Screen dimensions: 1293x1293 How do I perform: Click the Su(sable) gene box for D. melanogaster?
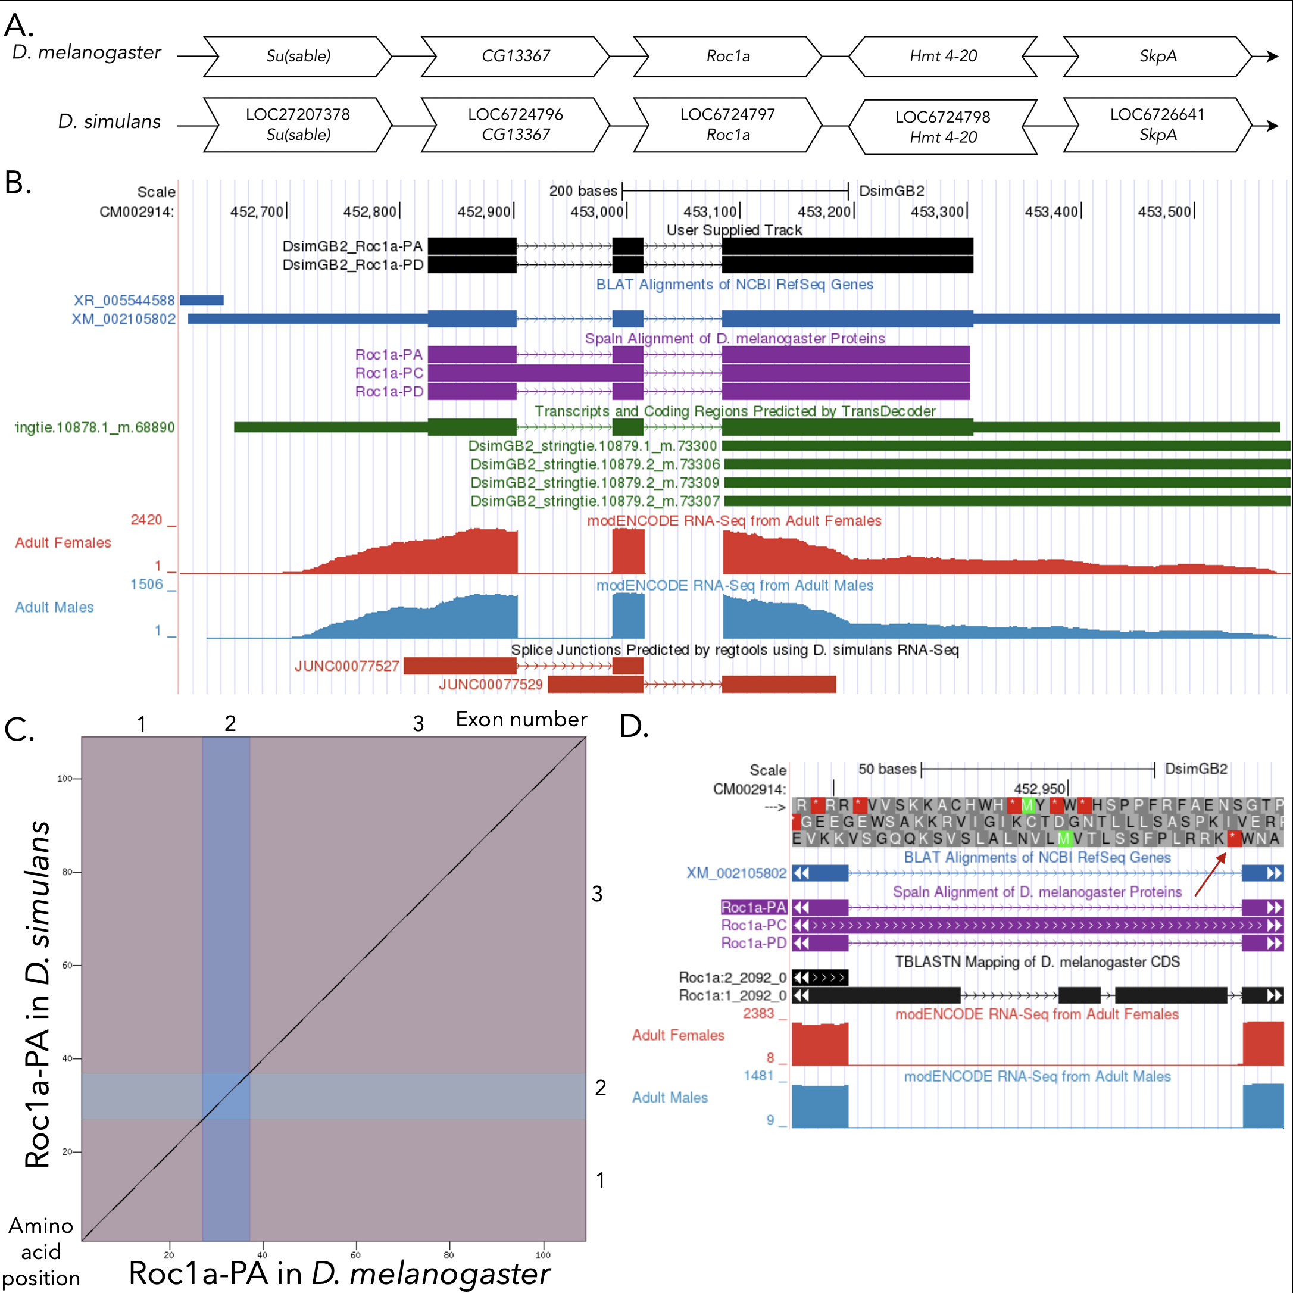(x=298, y=56)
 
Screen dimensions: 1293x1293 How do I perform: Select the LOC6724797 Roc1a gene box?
(x=727, y=124)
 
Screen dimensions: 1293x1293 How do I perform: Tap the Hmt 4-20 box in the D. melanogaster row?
(x=943, y=56)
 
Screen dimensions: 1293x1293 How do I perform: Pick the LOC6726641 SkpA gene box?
(x=1157, y=124)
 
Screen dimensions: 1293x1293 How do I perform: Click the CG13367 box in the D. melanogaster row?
(x=516, y=56)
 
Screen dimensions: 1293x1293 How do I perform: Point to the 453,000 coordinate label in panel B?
(x=598, y=212)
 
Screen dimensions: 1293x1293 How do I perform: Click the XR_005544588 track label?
(x=124, y=301)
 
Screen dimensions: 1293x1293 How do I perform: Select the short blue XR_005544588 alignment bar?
(x=201, y=301)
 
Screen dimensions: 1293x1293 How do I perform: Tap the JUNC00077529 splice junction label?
(x=491, y=685)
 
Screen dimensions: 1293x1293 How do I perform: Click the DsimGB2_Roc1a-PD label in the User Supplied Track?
(x=352, y=265)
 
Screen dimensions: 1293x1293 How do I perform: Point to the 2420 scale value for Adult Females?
(x=146, y=520)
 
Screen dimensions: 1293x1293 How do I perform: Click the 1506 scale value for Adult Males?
(x=146, y=584)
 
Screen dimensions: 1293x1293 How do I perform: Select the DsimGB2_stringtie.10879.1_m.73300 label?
(x=592, y=446)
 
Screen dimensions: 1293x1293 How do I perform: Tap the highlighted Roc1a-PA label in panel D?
(x=753, y=907)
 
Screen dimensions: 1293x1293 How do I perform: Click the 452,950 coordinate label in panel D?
(x=1039, y=789)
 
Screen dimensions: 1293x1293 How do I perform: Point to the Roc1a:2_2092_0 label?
(x=732, y=977)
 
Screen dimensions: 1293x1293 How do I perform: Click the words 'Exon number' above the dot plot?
(x=521, y=720)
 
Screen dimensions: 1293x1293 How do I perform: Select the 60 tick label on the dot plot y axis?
(x=67, y=965)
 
